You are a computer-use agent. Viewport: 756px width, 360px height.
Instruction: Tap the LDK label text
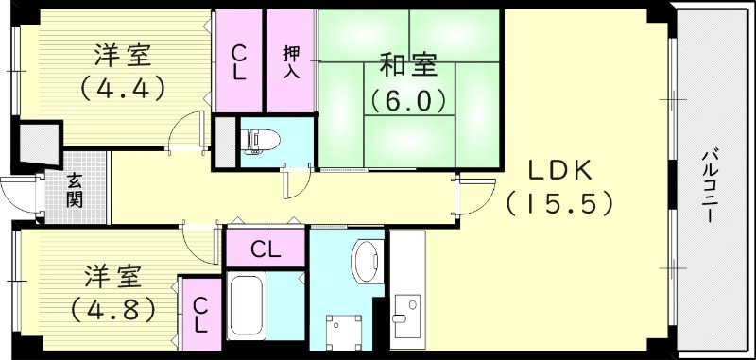click(x=559, y=171)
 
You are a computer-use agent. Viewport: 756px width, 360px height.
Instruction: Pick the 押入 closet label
click(x=291, y=61)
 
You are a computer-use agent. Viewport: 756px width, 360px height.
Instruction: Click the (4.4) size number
click(x=123, y=87)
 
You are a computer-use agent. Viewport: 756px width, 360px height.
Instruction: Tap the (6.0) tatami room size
click(x=407, y=98)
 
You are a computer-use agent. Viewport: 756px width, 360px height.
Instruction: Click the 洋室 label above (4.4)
click(x=124, y=55)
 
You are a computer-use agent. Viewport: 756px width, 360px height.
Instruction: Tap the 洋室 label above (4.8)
click(x=112, y=276)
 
